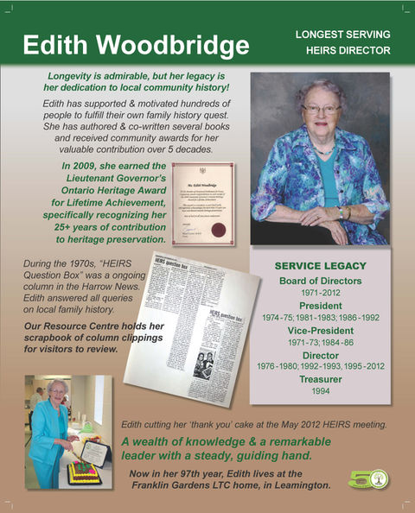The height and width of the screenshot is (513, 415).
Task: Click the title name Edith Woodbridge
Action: point(137,45)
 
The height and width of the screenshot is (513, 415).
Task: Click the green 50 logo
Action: point(368,478)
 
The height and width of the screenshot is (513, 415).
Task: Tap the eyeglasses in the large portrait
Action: point(321,110)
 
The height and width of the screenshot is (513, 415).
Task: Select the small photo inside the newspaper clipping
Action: point(204,362)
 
